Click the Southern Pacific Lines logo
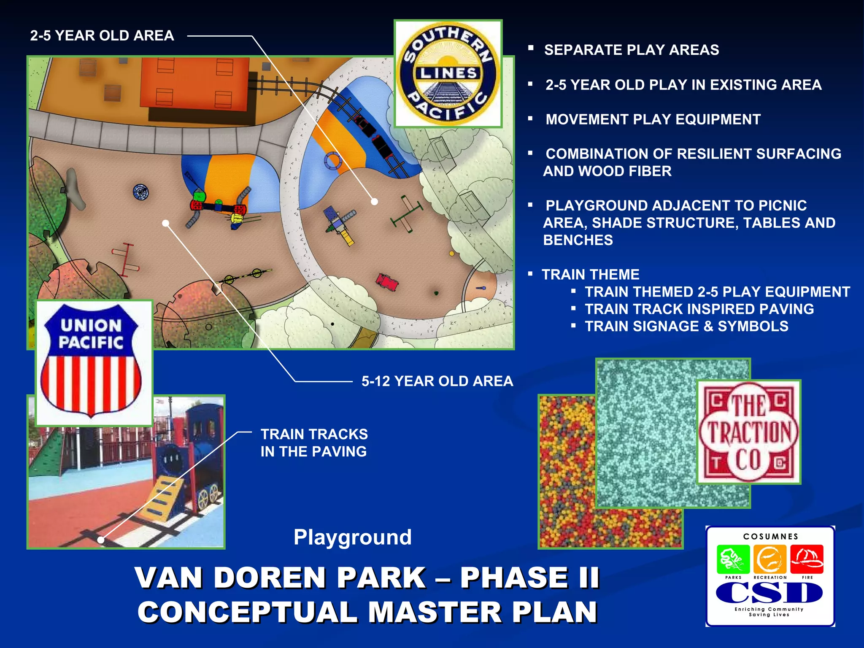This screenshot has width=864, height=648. (x=448, y=74)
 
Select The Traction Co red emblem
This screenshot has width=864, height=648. (x=748, y=432)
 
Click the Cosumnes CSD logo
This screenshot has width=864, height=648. (x=770, y=576)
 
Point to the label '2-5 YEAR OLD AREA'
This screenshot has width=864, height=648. (x=102, y=36)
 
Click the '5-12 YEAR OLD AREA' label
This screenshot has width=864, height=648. (x=437, y=381)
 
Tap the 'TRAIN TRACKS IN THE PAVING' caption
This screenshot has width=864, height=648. (x=314, y=443)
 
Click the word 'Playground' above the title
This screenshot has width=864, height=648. (x=353, y=537)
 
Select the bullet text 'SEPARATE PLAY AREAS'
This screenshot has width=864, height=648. (x=632, y=50)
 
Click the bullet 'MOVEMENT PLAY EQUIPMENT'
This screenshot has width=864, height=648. (x=653, y=120)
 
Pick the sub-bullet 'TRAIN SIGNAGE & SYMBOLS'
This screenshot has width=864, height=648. (x=686, y=327)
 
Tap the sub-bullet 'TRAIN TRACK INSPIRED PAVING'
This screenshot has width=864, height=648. (x=699, y=309)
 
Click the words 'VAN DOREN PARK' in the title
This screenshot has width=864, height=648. (x=280, y=578)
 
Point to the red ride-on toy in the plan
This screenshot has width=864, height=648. (x=387, y=282)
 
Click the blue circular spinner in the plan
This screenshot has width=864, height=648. (x=140, y=192)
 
